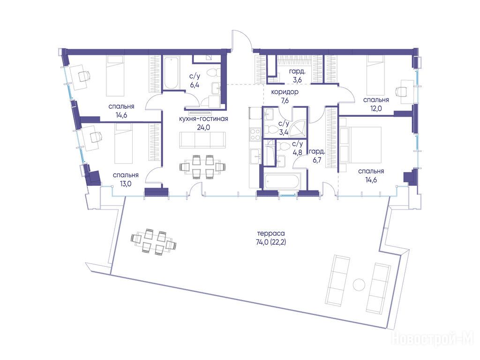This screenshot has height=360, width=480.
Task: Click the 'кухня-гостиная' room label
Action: click(203, 119)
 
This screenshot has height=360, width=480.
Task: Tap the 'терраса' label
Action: click(269, 233)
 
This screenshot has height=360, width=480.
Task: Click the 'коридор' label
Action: click(285, 92)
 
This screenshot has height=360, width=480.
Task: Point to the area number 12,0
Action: click(376, 108)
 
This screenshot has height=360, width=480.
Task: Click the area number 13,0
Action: click(126, 184)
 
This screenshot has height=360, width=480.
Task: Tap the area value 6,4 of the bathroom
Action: click(195, 85)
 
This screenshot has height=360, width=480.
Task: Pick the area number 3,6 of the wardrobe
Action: click(297, 80)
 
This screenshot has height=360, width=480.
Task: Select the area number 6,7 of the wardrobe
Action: click(317, 160)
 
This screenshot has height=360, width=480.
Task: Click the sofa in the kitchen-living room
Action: click(202, 140)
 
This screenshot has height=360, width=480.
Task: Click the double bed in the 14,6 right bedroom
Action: click(360, 144)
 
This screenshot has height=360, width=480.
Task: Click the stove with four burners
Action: click(255, 135)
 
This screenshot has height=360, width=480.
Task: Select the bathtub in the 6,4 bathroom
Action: click(171, 72)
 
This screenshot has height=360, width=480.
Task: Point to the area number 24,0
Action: click(203, 127)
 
